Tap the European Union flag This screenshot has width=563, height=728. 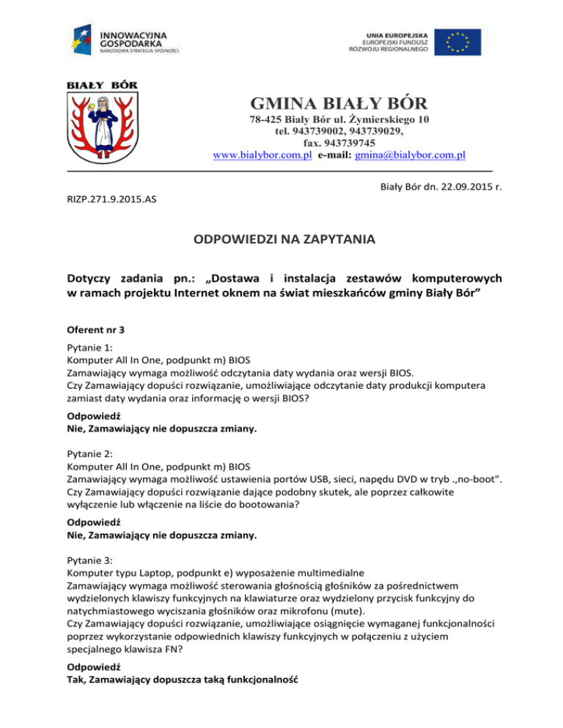click(x=457, y=42)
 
